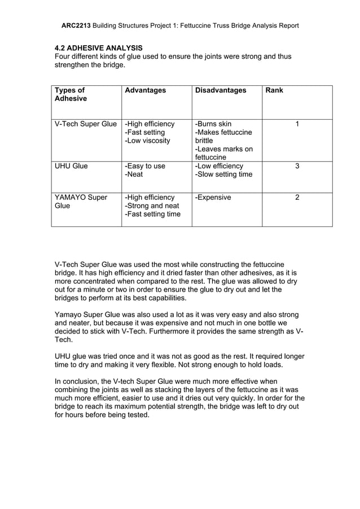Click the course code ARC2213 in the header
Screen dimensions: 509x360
76,25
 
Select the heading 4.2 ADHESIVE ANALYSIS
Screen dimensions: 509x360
98,48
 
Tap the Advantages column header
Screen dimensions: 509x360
145,90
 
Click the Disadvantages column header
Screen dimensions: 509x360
220,90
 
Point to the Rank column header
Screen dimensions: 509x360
274,90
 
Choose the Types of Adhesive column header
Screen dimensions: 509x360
71,94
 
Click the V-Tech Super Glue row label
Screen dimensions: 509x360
85,124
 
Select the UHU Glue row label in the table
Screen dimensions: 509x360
71,166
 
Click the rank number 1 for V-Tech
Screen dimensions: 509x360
297,124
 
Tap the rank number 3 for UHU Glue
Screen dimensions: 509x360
297,166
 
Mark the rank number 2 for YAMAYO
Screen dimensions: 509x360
297,198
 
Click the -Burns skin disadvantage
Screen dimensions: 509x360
213,124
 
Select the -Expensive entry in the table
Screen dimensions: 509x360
213,198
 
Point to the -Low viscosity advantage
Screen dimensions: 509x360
147,141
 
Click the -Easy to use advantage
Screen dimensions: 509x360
145,166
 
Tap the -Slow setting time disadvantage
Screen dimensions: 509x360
223,174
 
